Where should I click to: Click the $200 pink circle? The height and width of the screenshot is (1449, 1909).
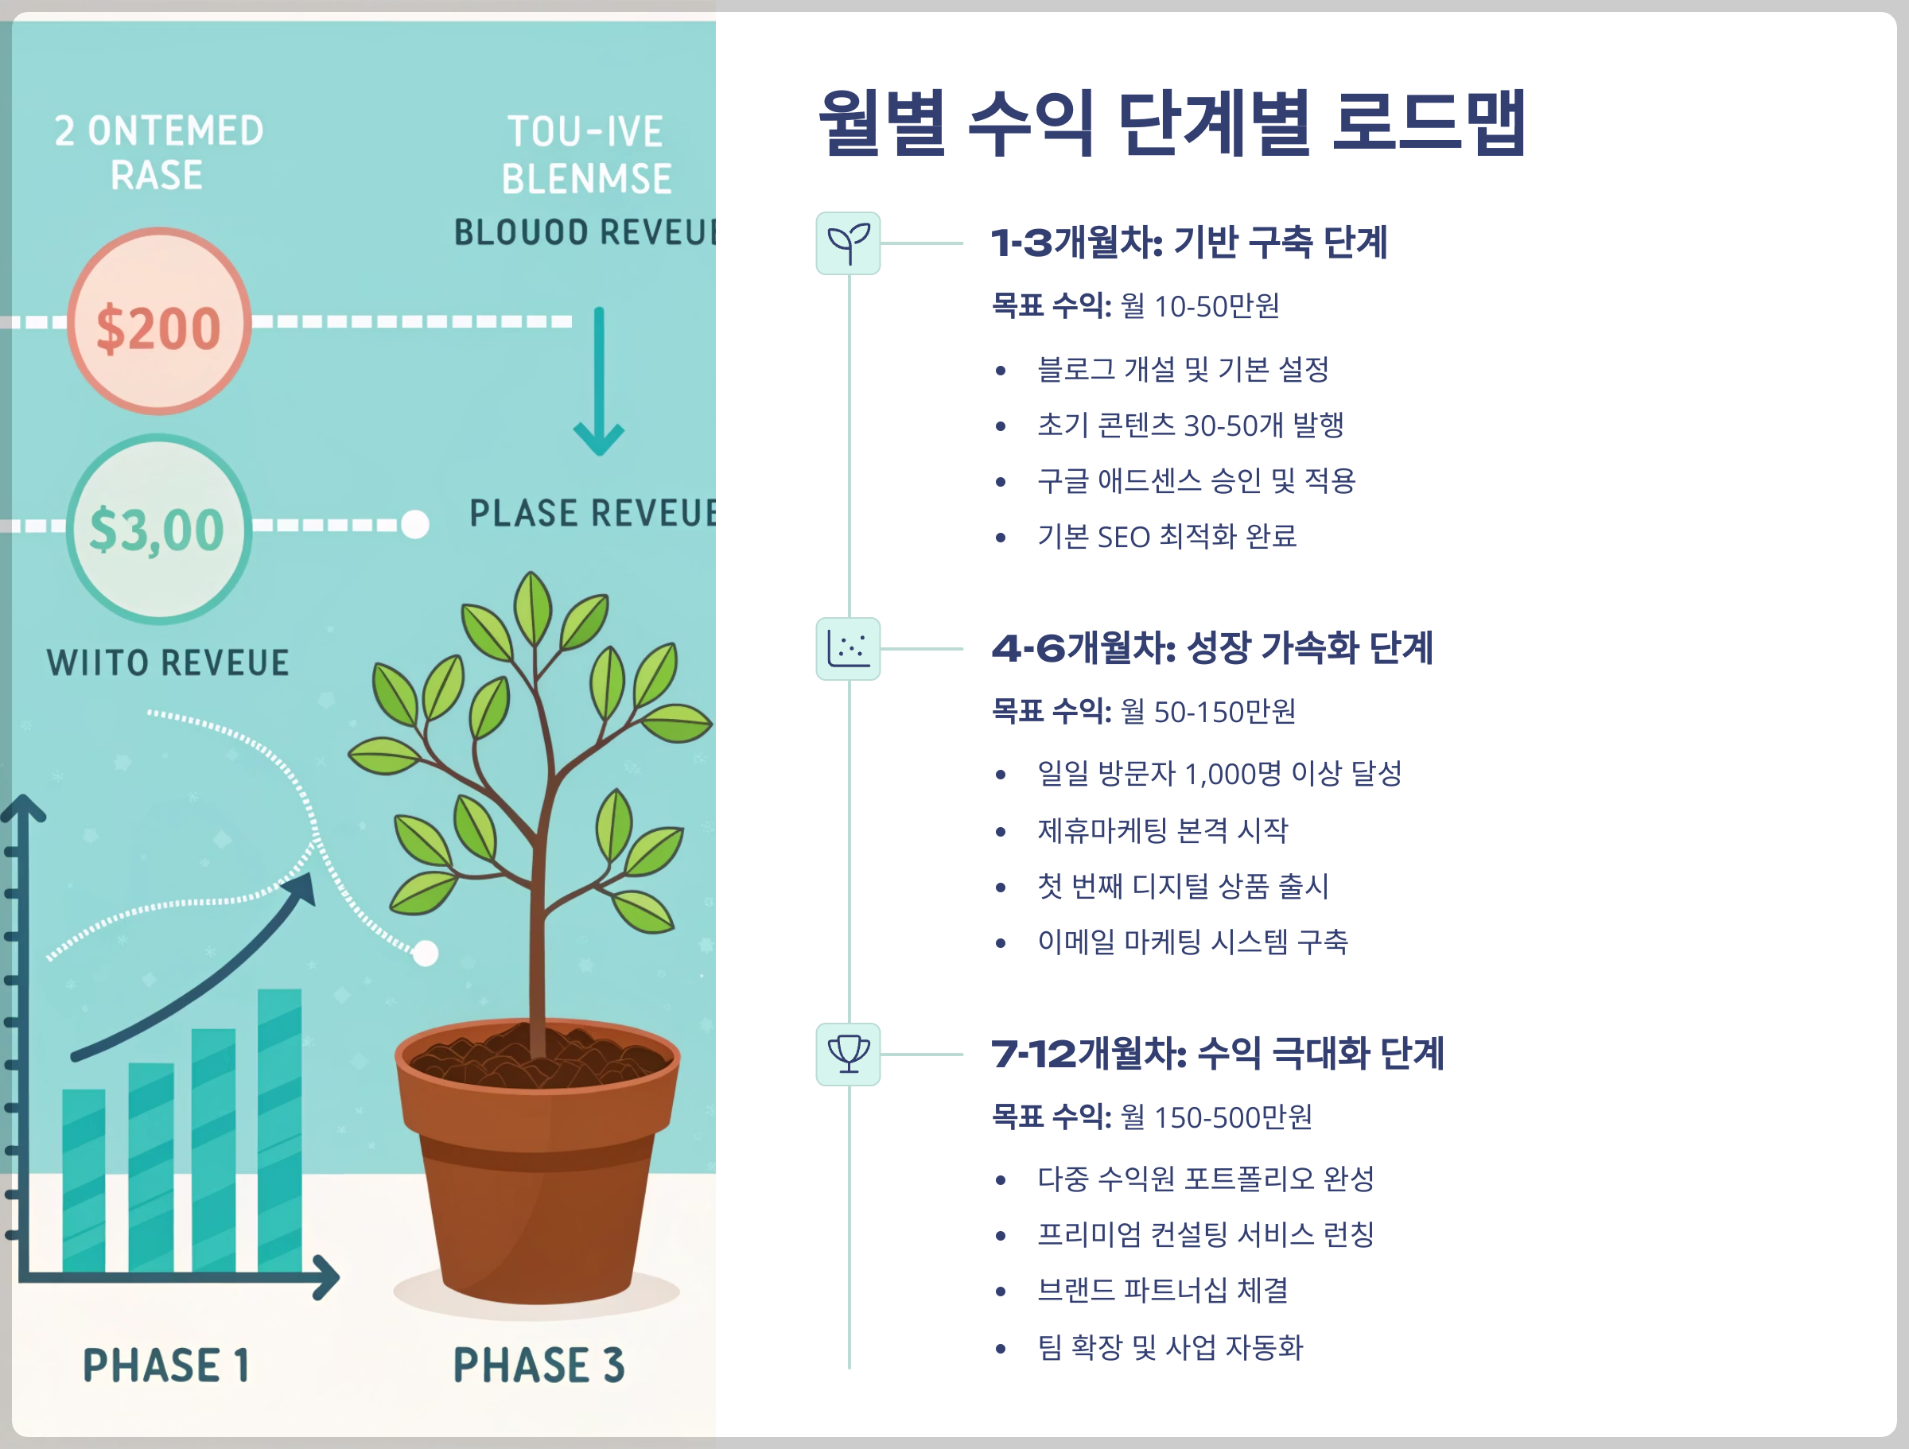pos(159,321)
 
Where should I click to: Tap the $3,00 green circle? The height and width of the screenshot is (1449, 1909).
pos(159,528)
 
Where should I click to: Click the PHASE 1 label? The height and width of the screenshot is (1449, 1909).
pos(165,1365)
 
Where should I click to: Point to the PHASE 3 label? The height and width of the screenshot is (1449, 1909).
pos(538,1365)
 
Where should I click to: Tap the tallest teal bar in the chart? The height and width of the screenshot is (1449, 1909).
pos(280,1131)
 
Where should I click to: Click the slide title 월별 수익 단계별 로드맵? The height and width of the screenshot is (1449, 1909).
pos(1172,122)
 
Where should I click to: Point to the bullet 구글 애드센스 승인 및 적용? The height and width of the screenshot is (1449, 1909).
pos(1196,480)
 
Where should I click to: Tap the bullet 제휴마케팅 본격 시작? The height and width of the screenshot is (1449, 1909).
pos(1162,830)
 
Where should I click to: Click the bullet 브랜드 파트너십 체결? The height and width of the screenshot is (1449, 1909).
pos(1162,1290)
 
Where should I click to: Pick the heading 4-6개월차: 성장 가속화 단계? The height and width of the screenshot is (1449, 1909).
pos(1211,648)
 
